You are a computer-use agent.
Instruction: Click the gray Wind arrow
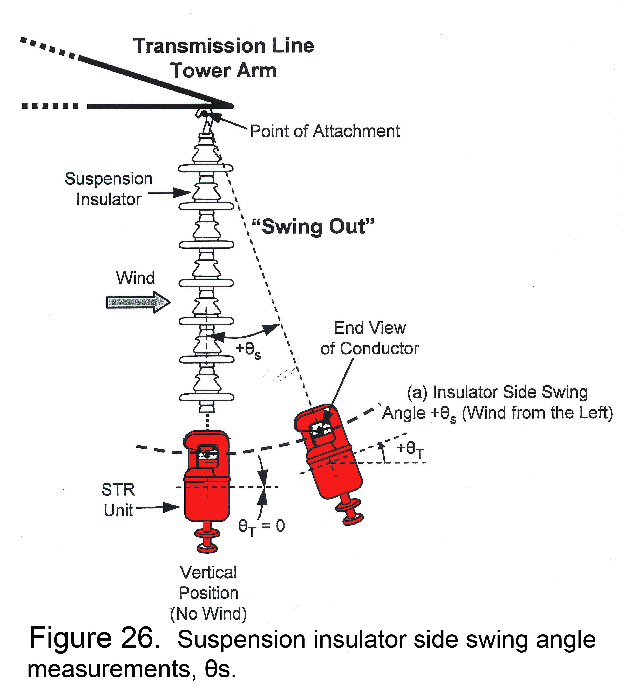138,302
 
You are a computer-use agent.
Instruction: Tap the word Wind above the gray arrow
136,278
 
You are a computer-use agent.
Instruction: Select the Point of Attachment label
325,131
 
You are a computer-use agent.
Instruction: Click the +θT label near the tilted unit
410,450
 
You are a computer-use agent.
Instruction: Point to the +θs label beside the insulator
248,351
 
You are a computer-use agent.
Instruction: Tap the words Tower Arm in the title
224,71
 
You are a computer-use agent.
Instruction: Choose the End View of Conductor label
370,338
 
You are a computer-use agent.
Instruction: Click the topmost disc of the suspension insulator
206,168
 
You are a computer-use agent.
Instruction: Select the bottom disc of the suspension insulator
207,397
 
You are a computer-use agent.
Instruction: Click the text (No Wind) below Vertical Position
208,614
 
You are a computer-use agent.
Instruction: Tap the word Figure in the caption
70,638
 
